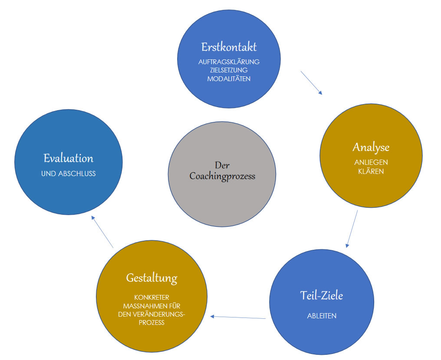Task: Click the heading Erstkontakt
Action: [229, 47]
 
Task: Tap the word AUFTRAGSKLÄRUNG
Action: [229, 62]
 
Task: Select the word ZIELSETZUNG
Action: [229, 70]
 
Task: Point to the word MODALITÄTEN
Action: [229, 79]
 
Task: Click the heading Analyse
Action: [371, 147]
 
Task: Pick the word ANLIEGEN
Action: [371, 162]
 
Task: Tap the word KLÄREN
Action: [371, 171]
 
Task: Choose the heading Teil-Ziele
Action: [322, 296]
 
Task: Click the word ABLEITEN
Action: [322, 316]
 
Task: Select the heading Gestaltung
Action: [151, 278]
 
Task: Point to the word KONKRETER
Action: [151, 298]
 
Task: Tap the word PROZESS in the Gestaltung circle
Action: [151, 323]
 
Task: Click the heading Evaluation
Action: [69, 157]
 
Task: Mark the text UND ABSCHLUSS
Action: [69, 173]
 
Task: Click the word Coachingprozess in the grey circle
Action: [222, 177]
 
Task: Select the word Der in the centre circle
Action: [222, 165]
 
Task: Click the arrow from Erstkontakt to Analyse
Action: [312, 83]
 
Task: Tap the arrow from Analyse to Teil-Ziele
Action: [352, 229]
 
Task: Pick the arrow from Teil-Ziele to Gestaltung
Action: [238, 317]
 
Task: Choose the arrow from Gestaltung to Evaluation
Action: [102, 232]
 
